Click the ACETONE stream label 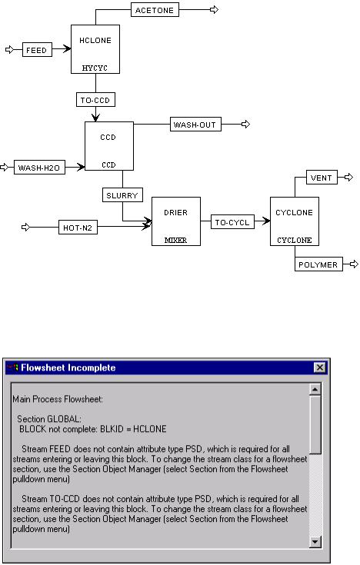click(x=155, y=10)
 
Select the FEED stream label click(x=37, y=50)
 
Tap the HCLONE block click(x=95, y=49)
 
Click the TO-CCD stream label click(x=95, y=100)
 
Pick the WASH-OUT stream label click(x=195, y=125)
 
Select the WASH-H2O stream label click(x=39, y=168)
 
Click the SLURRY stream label click(x=122, y=195)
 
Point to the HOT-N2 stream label click(x=78, y=228)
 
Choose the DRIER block click(x=176, y=221)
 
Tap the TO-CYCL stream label click(x=232, y=222)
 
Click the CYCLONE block click(x=295, y=221)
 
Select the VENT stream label click(x=322, y=178)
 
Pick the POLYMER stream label click(x=318, y=264)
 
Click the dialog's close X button click(x=320, y=367)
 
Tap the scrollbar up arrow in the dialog click(x=315, y=390)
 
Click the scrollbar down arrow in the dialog click(x=315, y=542)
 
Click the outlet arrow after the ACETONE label click(x=215, y=10)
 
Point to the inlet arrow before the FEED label click(x=10, y=49)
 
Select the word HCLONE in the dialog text click(x=150, y=429)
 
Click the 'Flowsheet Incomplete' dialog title click(x=68, y=367)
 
